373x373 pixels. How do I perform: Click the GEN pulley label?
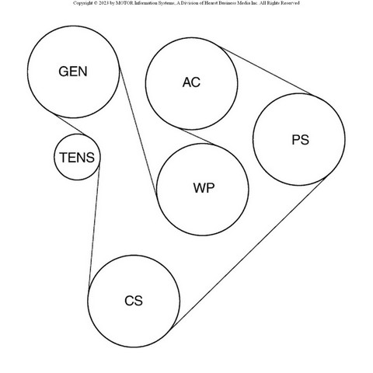[x=73, y=71]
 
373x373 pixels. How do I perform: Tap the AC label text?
[x=191, y=82]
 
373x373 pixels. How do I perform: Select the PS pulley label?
[x=301, y=140]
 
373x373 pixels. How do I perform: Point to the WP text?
[x=204, y=188]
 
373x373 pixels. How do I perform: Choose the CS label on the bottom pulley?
[x=134, y=301]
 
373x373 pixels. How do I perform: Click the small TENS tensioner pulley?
[x=77, y=157]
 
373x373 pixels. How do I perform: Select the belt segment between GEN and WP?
[x=138, y=131]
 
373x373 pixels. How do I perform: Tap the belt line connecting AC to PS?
[x=265, y=71]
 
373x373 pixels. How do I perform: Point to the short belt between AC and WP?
[x=197, y=136]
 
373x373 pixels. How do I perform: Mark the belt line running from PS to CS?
[x=248, y=253]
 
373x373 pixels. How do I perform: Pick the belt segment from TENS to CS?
[x=94, y=226]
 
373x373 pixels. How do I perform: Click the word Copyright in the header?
[x=83, y=3]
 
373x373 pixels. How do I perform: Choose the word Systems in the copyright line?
[x=166, y=3]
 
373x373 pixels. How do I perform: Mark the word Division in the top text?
[x=191, y=3]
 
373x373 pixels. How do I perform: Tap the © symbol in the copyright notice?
[x=96, y=3]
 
